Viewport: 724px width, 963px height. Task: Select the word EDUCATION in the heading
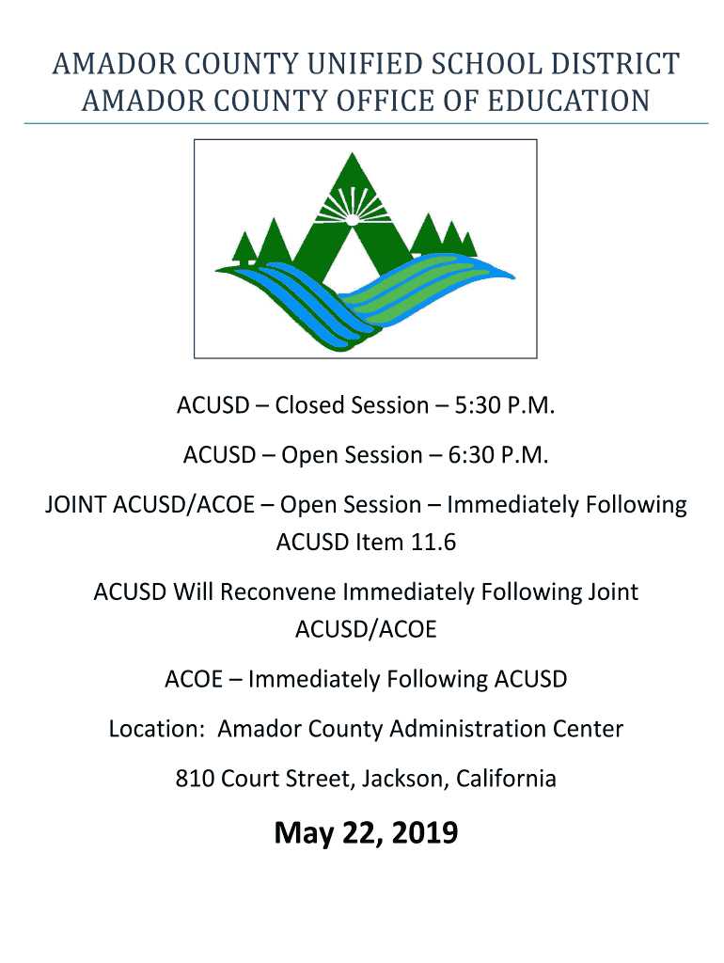point(568,102)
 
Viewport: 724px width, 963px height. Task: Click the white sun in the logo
point(352,217)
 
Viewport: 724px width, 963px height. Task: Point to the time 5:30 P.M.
point(504,406)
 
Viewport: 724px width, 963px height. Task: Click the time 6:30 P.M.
point(498,456)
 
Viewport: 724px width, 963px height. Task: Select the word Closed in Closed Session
point(309,406)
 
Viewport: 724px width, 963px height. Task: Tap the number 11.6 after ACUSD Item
point(433,543)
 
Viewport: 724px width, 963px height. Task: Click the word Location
point(156,729)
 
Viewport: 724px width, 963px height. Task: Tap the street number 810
point(195,779)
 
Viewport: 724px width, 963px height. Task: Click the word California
point(506,779)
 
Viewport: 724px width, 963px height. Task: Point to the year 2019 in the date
point(424,833)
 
